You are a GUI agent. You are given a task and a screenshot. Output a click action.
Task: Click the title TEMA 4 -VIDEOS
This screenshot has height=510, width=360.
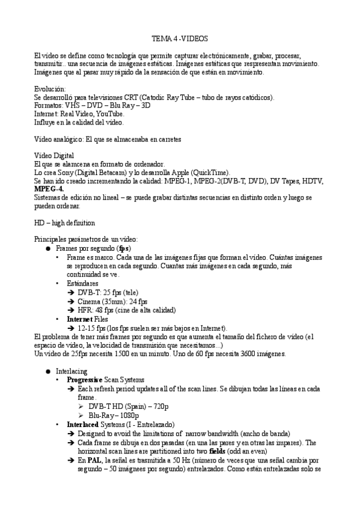click(x=180, y=38)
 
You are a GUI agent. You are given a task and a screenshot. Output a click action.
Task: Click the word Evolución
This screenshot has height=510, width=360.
click(x=49, y=89)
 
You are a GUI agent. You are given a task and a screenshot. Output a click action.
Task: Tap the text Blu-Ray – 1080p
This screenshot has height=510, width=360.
click(x=114, y=415)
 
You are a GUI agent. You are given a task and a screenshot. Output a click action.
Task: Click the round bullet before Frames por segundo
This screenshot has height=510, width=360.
click(x=48, y=248)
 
